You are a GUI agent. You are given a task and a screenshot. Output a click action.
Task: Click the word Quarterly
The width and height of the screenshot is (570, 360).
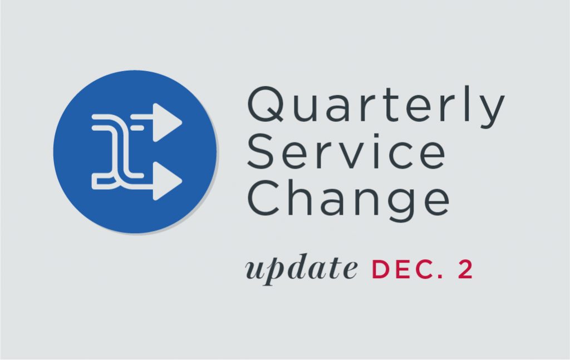tap(376, 107)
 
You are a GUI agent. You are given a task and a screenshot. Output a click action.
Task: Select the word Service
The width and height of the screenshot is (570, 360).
tap(346, 151)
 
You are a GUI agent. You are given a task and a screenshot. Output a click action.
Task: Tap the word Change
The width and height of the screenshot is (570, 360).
tap(348, 201)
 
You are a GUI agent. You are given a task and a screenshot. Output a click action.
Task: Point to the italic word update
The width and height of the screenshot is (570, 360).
tap(301, 269)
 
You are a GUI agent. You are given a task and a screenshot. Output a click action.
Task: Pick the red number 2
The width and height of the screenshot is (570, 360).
tap(465, 269)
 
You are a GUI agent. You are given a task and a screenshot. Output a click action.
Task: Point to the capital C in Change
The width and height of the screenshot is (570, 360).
tap(263, 198)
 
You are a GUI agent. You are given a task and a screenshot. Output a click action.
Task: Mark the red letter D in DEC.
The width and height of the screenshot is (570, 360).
tap(380, 269)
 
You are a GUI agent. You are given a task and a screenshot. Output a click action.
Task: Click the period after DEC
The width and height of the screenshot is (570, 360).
tap(441, 276)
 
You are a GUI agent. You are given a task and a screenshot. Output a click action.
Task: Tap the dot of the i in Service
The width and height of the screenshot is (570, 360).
tap(375, 136)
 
